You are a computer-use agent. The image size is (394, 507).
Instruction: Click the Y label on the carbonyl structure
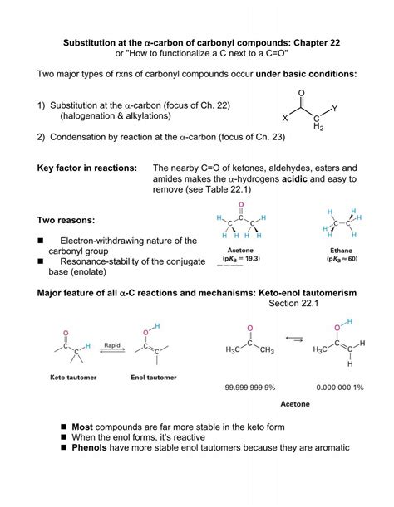334,108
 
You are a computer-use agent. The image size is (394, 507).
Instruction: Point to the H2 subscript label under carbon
313,125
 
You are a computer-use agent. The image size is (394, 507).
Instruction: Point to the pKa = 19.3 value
240,259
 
